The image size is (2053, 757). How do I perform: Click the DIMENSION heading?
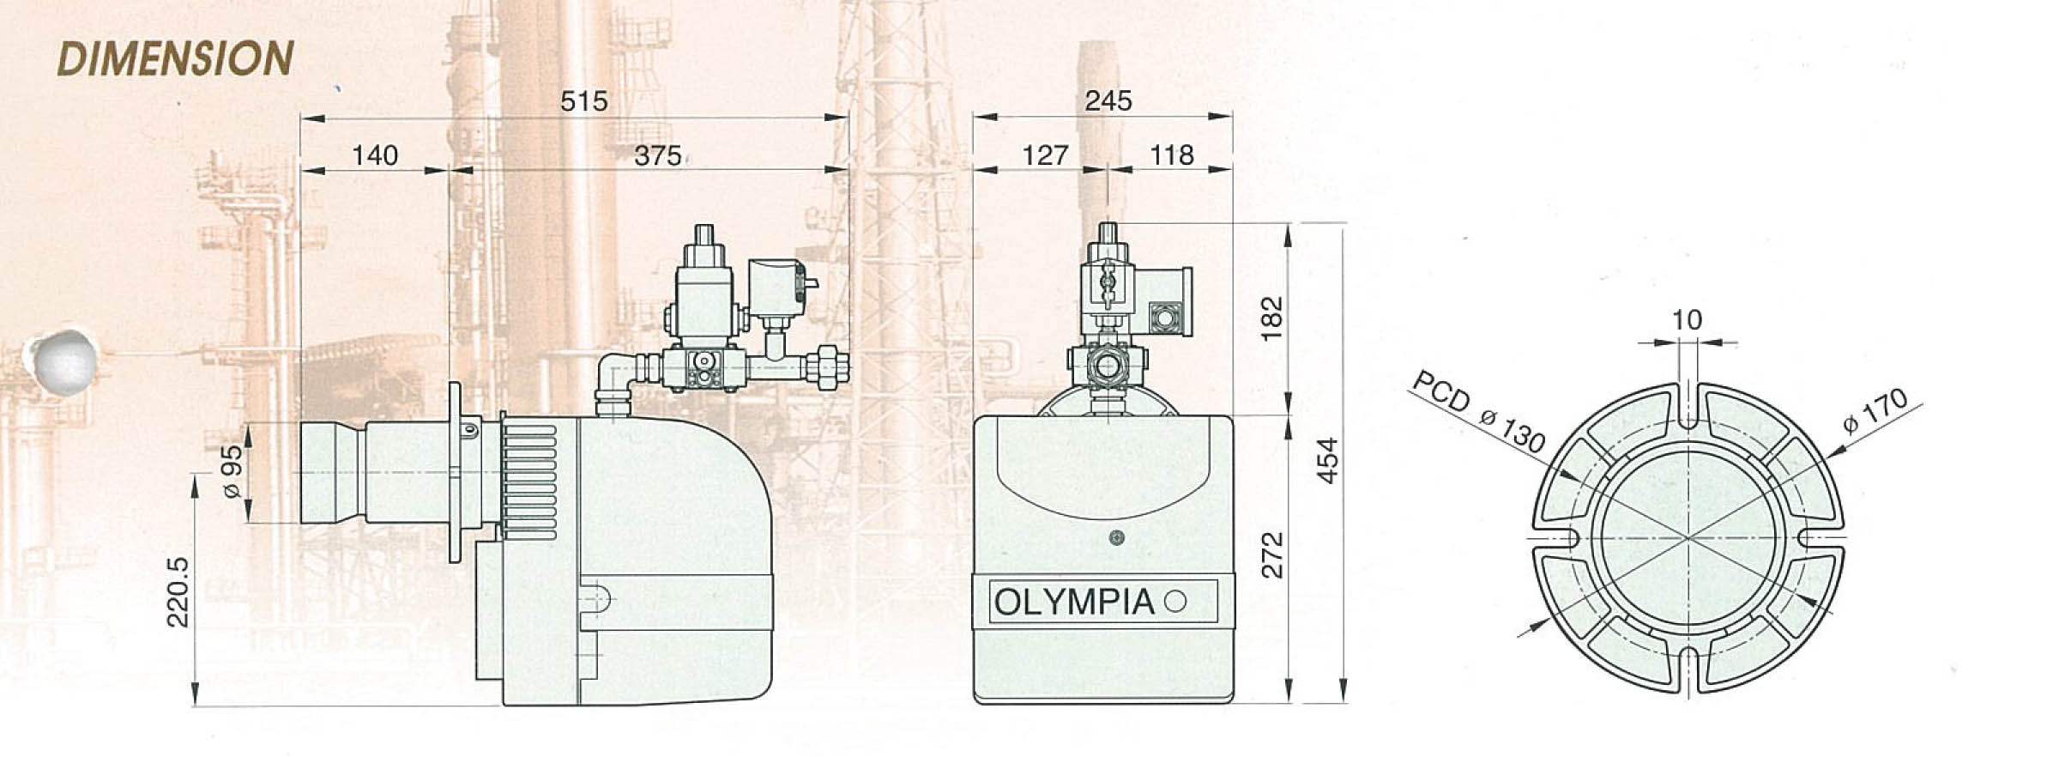[x=176, y=58]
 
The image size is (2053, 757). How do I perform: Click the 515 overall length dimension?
[x=583, y=101]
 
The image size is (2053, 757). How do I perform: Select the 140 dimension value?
[x=375, y=155]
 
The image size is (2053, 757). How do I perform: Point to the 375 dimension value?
[x=658, y=155]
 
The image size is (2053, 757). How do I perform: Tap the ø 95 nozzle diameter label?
[x=232, y=473]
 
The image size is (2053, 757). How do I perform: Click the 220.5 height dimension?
[x=177, y=591]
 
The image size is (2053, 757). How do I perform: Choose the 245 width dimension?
[x=1108, y=100]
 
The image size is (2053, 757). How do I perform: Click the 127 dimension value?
[x=1045, y=155]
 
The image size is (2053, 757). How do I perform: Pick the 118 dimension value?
[x=1171, y=155]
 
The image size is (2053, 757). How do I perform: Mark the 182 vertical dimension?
[x=1272, y=318]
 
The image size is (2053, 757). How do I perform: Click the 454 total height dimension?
[x=1326, y=461]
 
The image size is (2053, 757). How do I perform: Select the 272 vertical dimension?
[x=1274, y=554]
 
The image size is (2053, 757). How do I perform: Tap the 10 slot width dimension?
[x=1686, y=320]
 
